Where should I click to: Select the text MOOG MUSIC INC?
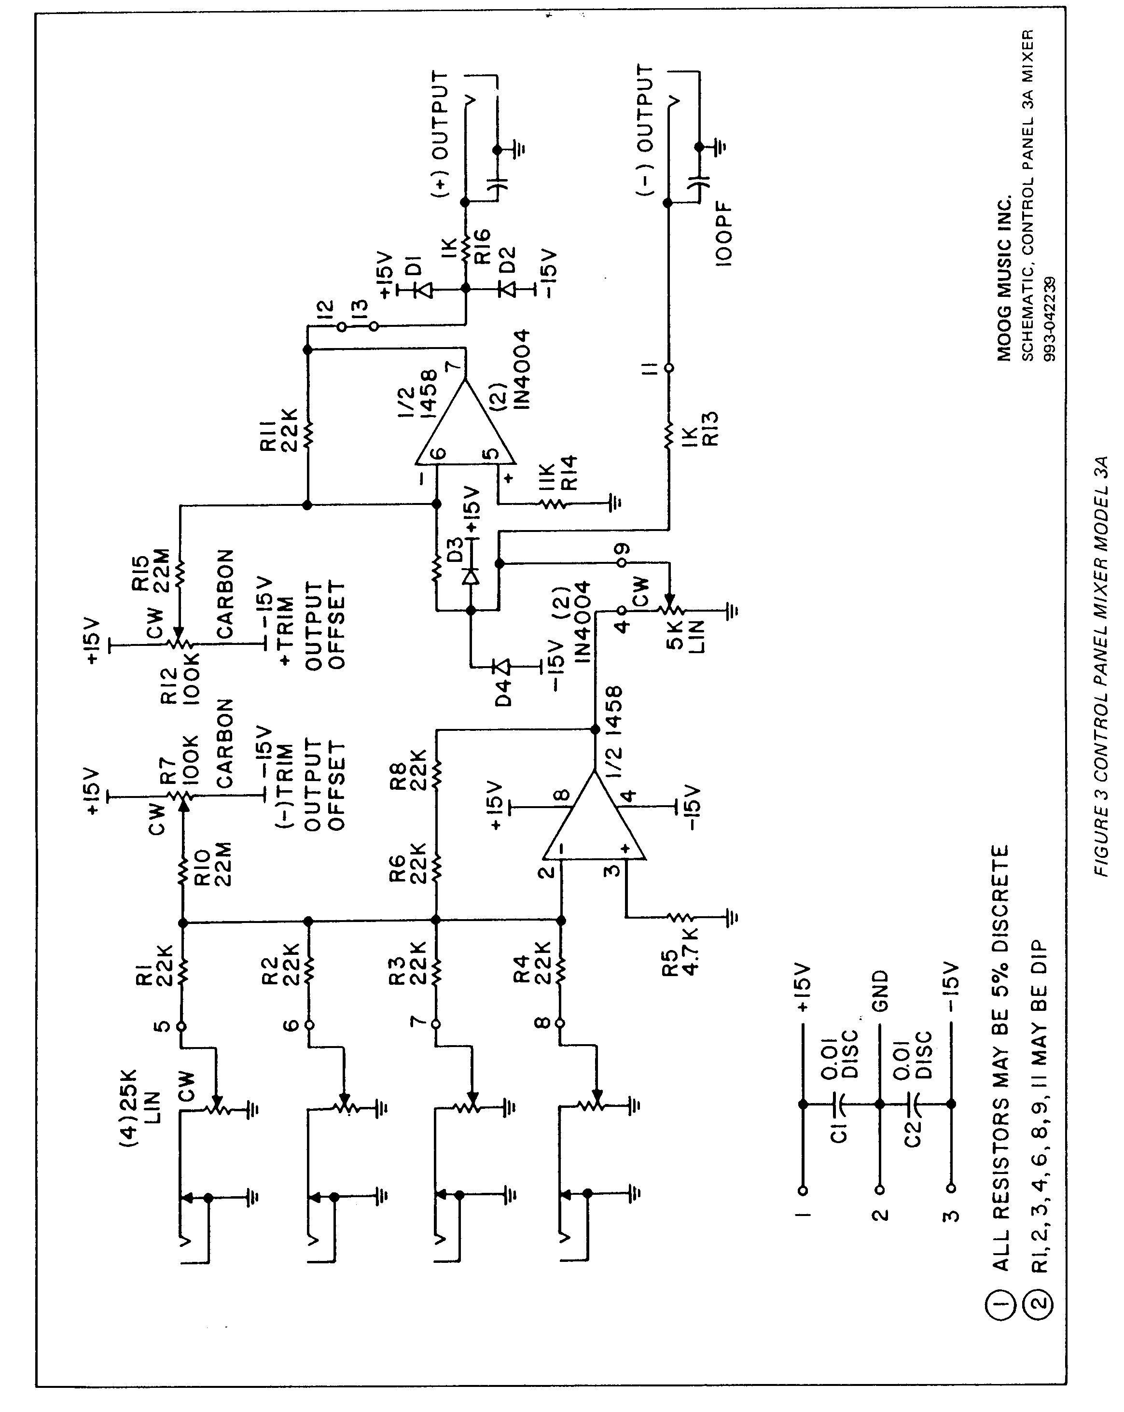[x=1004, y=278]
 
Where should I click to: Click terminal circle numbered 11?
[x=668, y=368]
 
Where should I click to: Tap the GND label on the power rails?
[x=881, y=990]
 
